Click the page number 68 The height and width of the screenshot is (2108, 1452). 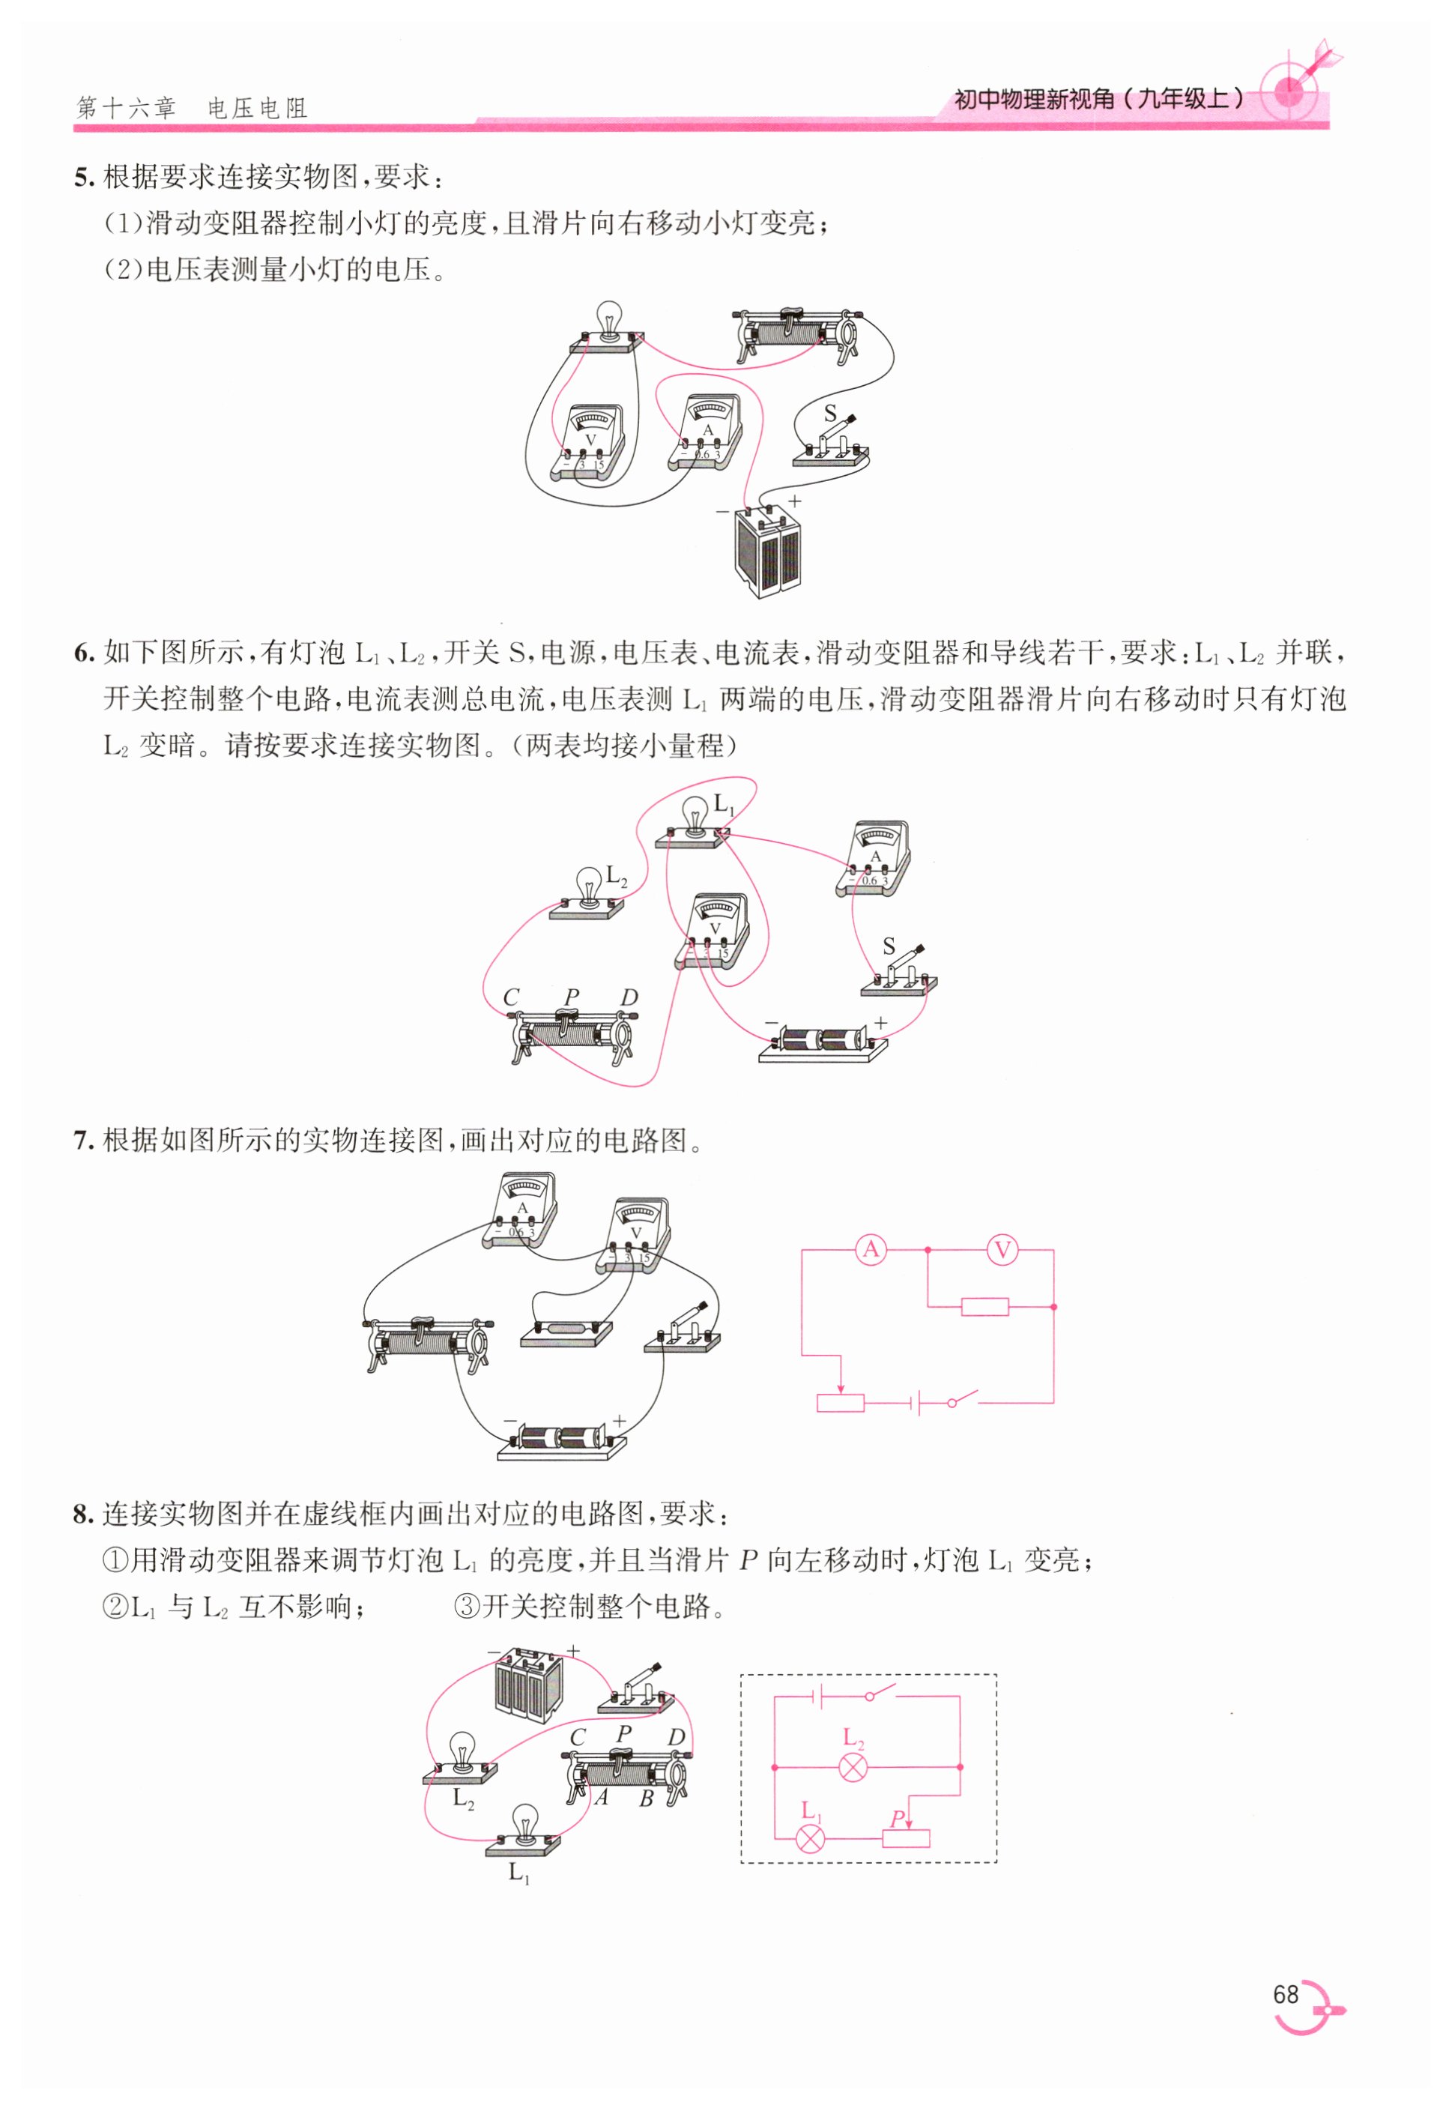1285,1994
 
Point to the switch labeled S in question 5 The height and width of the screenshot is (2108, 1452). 832,441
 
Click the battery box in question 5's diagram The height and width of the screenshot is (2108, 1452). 769,551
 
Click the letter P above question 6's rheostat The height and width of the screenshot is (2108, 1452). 572,997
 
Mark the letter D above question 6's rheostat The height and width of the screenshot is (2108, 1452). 629,997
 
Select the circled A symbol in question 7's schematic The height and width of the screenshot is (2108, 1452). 871,1249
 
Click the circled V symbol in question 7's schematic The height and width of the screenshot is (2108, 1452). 1002,1249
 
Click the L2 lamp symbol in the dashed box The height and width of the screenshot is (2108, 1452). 853,1767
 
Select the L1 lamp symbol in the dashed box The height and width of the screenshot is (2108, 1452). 810,1837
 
